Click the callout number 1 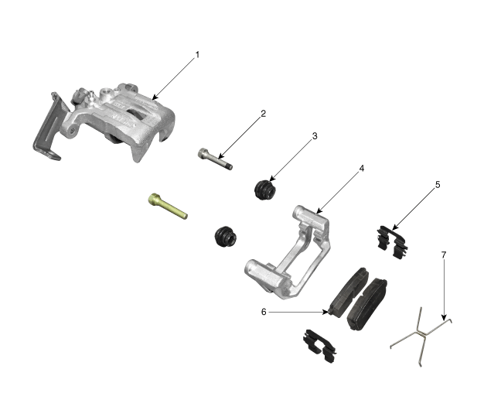198,55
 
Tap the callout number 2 263,114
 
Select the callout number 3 315,136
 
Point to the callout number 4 362,169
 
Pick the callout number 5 438,185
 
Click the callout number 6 264,312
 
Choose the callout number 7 444,255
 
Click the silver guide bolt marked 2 215,159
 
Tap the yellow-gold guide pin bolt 168,206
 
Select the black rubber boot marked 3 265,189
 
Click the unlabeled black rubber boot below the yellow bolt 226,237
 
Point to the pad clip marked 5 392,242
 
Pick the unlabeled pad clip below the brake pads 320,346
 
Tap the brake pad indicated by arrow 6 349,292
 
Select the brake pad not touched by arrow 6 367,304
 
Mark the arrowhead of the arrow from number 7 444,318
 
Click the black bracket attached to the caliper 49,127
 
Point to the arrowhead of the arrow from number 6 326,312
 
